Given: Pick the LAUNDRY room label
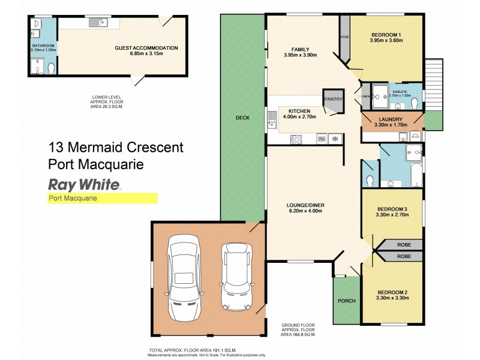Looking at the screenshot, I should pos(391,119).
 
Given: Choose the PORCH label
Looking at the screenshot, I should pos(347,301).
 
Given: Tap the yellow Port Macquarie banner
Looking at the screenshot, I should pos(102,198).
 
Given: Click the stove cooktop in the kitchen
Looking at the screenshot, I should pos(296,139).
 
